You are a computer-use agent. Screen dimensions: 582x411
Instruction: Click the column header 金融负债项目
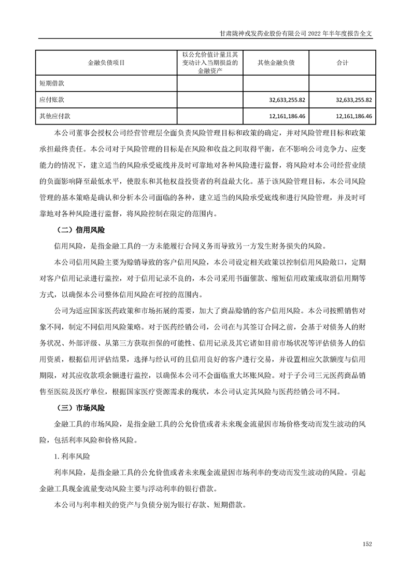click(106, 63)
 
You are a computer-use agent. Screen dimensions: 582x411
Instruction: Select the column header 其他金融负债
click(276, 63)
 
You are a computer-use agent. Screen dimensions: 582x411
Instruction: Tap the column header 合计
click(342, 63)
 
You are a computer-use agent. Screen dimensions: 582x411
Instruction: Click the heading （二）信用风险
click(80, 229)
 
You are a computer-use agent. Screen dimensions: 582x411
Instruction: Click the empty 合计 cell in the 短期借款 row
click(342, 83)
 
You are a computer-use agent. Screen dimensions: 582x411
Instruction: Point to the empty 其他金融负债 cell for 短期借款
click(276, 83)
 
